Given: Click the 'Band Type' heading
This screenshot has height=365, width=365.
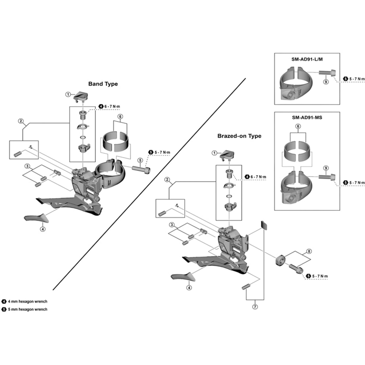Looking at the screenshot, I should click(x=103, y=84).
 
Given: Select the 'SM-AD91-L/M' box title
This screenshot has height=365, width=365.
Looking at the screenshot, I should click(x=307, y=59).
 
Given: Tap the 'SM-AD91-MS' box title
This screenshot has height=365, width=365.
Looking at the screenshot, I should click(x=308, y=117).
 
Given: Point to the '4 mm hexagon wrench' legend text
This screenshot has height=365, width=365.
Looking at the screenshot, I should click(x=27, y=302).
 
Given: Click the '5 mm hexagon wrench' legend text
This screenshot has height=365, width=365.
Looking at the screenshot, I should click(x=27, y=309).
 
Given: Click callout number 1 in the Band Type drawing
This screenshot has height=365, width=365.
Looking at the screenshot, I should click(x=67, y=95).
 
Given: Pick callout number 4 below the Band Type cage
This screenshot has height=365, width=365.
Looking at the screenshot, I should click(x=42, y=229).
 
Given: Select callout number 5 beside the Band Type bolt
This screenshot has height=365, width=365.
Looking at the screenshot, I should click(x=140, y=160).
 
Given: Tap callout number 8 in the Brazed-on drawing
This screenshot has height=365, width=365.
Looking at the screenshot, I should click(x=309, y=251).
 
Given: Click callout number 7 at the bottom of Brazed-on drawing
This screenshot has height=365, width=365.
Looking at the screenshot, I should click(x=254, y=307).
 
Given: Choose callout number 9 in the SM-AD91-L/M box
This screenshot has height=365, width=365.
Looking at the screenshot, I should click(x=325, y=82).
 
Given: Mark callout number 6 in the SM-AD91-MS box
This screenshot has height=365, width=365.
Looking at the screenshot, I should click(x=297, y=126).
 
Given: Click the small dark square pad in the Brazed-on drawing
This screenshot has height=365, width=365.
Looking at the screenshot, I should click(x=264, y=224).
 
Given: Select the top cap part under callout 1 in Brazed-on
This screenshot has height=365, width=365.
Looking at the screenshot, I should click(x=227, y=156).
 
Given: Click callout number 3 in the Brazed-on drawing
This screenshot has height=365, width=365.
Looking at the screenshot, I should click(x=172, y=225).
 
